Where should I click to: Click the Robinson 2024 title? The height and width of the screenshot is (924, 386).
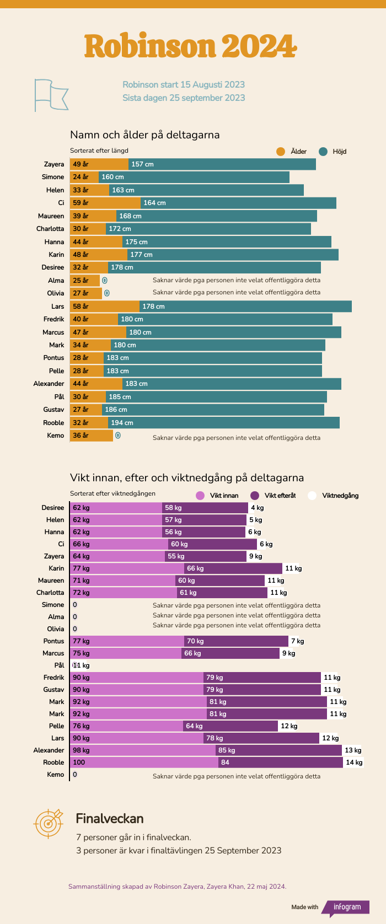[x=191, y=46]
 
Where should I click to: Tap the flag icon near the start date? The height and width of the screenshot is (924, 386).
[x=51, y=95]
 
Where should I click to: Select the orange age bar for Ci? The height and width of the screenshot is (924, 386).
[x=105, y=203]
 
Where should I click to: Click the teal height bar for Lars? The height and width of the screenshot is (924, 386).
[x=245, y=307]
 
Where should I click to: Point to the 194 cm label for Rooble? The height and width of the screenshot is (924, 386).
[x=122, y=423]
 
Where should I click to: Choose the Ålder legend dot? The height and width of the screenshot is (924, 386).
[x=281, y=152]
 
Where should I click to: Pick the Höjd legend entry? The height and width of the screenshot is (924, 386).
[x=333, y=152]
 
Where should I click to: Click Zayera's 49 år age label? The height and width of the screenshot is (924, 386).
[x=81, y=164]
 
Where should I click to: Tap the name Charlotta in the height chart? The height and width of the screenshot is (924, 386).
[x=50, y=229]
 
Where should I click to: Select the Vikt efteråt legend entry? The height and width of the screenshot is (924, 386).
[x=273, y=496]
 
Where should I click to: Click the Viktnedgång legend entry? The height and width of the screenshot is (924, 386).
[x=333, y=496]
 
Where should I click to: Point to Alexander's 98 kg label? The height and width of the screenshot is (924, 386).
[x=81, y=750]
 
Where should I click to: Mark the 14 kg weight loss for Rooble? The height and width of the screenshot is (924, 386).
[x=354, y=762]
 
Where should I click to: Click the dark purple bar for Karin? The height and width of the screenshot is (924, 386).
[x=233, y=568]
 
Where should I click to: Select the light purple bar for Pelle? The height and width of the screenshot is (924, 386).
[x=127, y=726]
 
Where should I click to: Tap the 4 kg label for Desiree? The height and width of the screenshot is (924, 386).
[x=258, y=508]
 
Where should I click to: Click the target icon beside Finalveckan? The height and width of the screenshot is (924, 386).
[x=49, y=823]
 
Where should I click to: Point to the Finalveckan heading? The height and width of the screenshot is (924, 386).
[x=110, y=818]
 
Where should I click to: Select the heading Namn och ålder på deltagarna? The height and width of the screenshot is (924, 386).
[x=144, y=135]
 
